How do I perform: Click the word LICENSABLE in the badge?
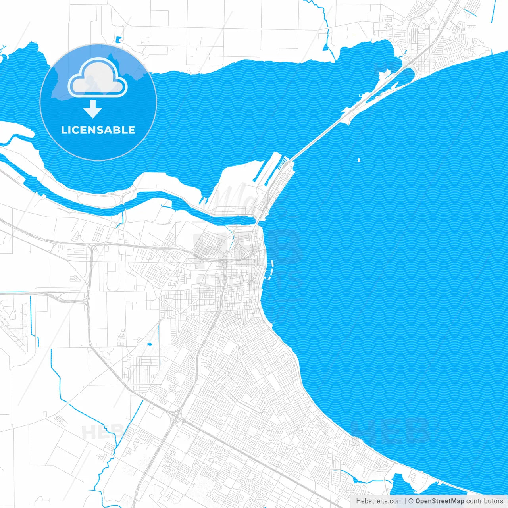(98, 130)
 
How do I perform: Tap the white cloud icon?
(97, 78)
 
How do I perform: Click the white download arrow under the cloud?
(93, 109)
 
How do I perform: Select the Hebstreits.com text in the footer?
(379, 501)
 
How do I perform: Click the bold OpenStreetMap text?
(439, 501)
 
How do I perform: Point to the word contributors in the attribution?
(485, 501)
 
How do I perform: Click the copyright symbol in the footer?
(411, 501)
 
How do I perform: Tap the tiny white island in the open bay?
(359, 160)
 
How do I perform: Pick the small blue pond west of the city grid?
(149, 344)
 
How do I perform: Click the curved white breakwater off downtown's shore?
(271, 270)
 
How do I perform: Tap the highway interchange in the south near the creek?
(177, 417)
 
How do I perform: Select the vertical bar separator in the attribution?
(405, 501)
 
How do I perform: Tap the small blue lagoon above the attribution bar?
(409, 486)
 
